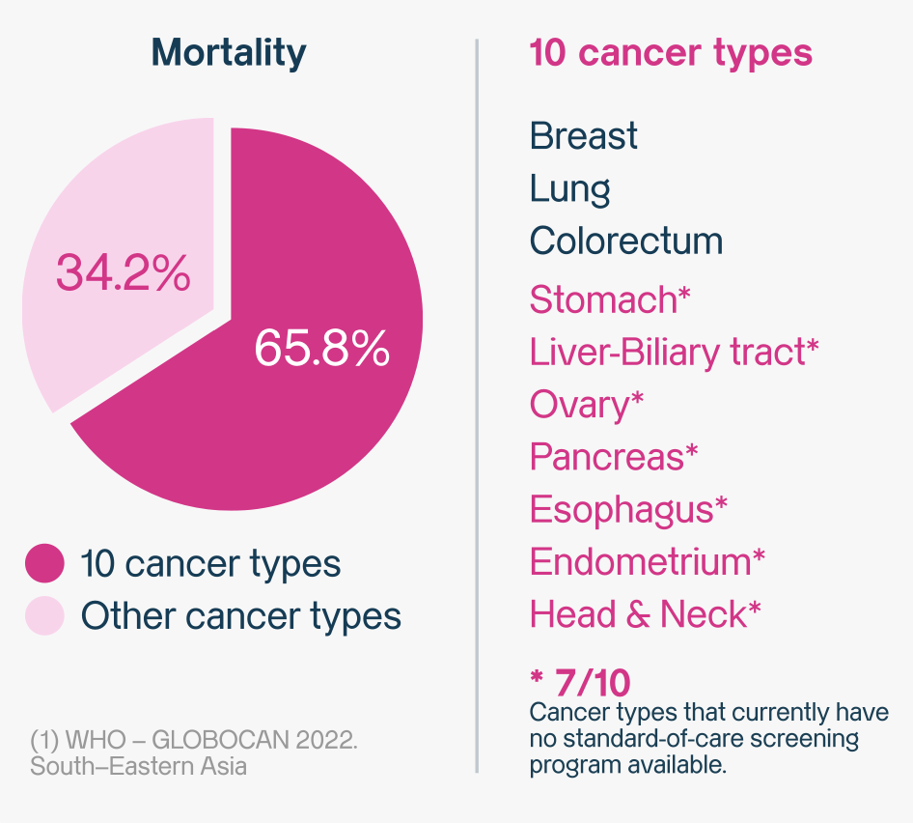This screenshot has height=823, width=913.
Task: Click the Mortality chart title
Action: [x=229, y=52]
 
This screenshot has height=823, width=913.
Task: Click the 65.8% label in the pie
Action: [x=321, y=349]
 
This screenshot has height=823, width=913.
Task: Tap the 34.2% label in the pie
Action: [x=123, y=273]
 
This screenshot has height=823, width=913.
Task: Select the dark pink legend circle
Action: [x=43, y=563]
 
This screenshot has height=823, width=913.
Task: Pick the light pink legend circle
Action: [x=43, y=615]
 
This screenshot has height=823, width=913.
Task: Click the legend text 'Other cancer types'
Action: [x=240, y=615]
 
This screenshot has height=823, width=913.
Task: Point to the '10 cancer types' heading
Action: [x=671, y=52]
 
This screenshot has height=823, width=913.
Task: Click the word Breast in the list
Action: [x=583, y=136]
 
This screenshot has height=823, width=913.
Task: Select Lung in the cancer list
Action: [x=569, y=189]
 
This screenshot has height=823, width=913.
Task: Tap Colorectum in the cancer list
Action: [x=625, y=241]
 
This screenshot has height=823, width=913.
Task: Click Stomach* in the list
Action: [x=610, y=299]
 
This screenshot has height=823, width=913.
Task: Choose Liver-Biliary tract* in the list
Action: [x=674, y=352]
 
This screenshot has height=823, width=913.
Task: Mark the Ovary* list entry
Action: [x=586, y=405]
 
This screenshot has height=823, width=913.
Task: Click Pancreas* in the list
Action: [x=613, y=456]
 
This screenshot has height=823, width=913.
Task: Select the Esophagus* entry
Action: [x=628, y=509]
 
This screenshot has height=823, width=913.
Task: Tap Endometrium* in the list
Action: [x=648, y=561]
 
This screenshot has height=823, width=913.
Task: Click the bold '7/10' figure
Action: [x=592, y=684]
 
